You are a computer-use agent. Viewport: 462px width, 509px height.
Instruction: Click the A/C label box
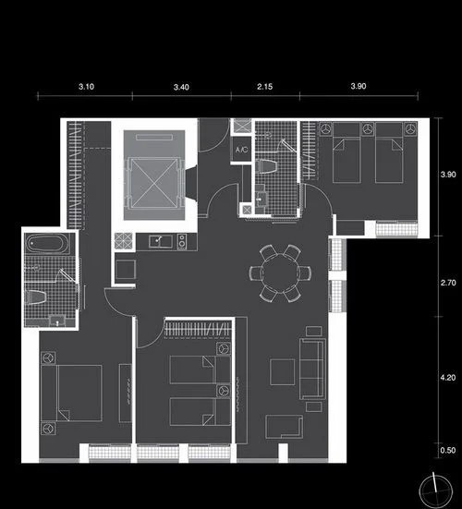pyautogui.click(x=241, y=149)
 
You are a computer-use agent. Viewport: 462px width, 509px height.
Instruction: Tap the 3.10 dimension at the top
pyautogui.click(x=86, y=87)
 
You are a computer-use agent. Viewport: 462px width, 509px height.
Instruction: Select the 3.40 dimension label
pyautogui.click(x=181, y=87)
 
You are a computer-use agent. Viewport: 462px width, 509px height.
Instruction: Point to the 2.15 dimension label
pyautogui.click(x=264, y=87)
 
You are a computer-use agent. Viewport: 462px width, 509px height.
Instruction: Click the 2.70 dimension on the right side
pyautogui.click(x=448, y=283)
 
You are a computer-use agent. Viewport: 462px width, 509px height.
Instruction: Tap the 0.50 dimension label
pyautogui.click(x=448, y=450)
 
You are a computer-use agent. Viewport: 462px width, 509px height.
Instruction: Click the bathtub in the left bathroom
pyautogui.click(x=48, y=243)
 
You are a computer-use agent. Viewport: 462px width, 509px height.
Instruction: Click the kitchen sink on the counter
pyautogui.click(x=161, y=241)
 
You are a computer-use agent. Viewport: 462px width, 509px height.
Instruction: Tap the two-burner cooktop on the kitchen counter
pyautogui.click(x=182, y=241)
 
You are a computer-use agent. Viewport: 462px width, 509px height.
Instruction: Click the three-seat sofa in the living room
pyautogui.click(x=312, y=369)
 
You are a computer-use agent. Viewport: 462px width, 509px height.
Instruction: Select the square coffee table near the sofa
pyautogui.click(x=283, y=371)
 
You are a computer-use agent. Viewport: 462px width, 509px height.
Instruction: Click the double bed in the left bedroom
pyautogui.click(x=71, y=394)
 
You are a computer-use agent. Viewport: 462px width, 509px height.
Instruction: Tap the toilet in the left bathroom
pyautogui.click(x=35, y=297)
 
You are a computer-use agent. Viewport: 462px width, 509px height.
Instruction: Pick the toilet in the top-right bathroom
pyautogui.click(x=266, y=166)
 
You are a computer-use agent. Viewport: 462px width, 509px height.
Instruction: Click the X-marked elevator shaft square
pyautogui.click(x=154, y=182)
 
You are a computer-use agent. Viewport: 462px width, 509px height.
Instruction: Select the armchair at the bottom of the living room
pyautogui.click(x=284, y=427)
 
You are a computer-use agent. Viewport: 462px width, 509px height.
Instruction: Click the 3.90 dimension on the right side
pyautogui.click(x=448, y=175)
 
